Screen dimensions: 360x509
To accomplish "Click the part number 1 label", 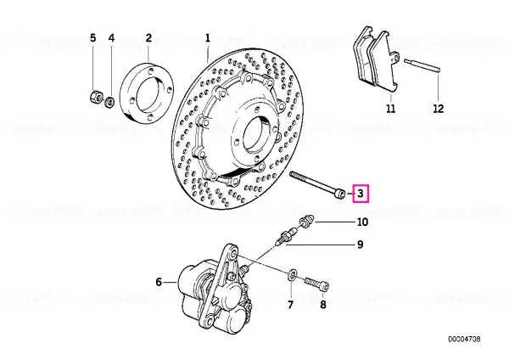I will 206,38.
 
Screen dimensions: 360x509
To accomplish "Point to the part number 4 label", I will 110,38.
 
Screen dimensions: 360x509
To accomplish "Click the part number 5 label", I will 93,38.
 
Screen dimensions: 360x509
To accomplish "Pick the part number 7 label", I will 291,304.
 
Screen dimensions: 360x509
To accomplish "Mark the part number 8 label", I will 322,304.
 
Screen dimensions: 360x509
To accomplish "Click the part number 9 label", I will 361,245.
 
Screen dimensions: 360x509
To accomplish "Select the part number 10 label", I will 362,222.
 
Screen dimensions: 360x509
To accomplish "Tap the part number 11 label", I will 389,109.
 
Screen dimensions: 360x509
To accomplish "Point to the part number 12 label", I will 437,109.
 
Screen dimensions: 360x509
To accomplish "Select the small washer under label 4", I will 109,102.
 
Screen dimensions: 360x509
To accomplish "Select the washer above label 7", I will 292,274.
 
